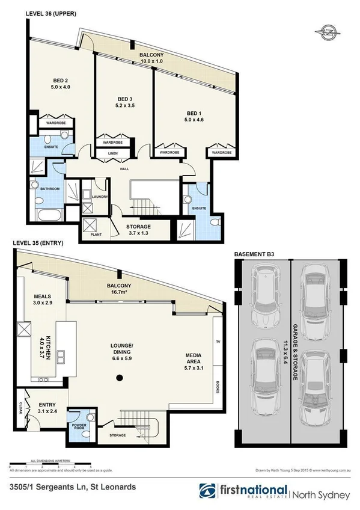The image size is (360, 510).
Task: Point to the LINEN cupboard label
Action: [x=112, y=154]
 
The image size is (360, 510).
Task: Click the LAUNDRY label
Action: [x=100, y=196]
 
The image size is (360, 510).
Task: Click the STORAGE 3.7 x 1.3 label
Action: [x=138, y=230]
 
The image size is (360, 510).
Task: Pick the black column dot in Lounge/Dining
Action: [x=119, y=378]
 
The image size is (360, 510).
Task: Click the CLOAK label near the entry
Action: [x=20, y=408]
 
